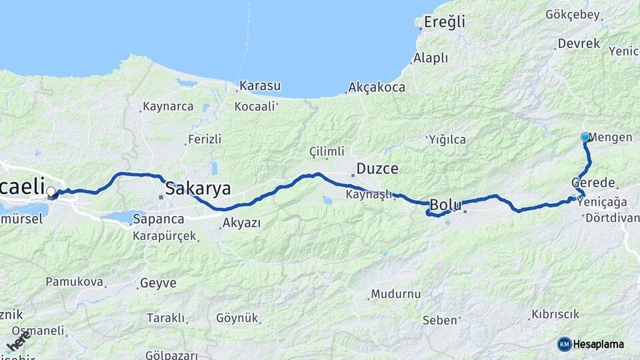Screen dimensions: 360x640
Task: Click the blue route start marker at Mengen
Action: click(585, 137)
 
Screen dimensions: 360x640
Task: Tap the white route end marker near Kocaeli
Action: click(51, 192)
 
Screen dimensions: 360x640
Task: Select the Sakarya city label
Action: click(198, 188)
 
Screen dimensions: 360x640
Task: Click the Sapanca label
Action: click(158, 219)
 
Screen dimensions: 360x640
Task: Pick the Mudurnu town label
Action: click(396, 294)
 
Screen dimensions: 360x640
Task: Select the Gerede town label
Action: click(593, 183)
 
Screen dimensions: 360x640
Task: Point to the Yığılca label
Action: click(448, 139)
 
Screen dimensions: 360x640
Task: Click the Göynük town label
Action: click(236, 319)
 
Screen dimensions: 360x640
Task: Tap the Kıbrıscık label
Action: click(555, 314)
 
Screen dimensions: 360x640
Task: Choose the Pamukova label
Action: click(74, 282)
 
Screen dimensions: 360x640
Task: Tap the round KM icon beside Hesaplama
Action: click(564, 344)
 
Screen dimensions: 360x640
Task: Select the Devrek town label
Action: click(579, 43)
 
